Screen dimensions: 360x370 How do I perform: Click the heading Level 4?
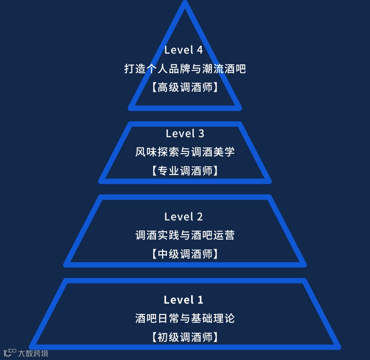point(183,50)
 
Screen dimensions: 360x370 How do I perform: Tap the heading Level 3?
point(185,134)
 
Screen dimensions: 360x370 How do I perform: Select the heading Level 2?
point(183,216)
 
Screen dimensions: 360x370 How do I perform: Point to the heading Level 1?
point(183,300)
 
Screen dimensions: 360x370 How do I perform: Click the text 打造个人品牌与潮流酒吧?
point(185,69)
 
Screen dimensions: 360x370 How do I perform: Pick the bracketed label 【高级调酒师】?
point(185,88)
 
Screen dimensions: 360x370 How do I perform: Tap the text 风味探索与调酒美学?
point(185,152)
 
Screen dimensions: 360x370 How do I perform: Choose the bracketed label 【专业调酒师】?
point(185,171)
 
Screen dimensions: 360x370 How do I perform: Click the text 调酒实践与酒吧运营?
point(185,235)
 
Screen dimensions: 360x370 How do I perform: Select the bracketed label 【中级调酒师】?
point(185,254)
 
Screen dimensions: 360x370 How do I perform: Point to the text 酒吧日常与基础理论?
point(185,318)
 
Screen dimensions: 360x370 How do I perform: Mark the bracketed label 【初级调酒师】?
point(185,337)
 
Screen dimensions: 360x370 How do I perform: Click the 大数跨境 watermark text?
point(33,353)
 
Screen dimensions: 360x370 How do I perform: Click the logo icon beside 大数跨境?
point(10,352)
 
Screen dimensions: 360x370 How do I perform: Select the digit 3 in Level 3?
point(201,134)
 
